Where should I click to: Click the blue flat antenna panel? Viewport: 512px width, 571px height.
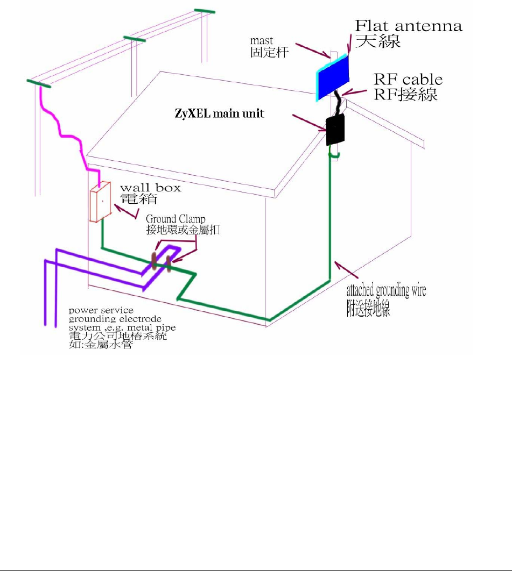click(x=332, y=78)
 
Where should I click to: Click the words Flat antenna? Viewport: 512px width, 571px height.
click(x=408, y=26)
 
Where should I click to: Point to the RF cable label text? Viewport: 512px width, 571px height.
click(x=408, y=80)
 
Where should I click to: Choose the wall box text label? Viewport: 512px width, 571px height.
click(x=150, y=188)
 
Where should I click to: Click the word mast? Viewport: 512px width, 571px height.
click(x=262, y=41)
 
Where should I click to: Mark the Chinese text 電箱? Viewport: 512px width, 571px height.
click(x=138, y=199)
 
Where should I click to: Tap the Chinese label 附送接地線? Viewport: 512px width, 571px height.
click(x=368, y=308)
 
